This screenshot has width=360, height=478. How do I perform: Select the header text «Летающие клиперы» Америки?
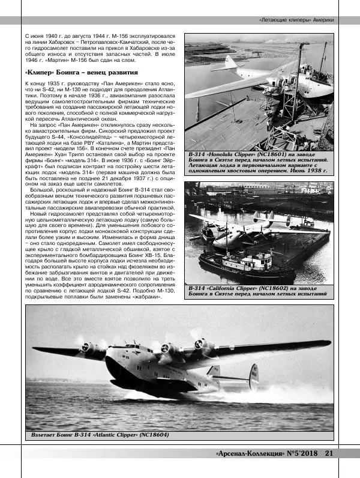tap(297, 19)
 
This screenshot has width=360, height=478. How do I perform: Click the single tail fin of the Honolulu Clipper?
tap(231, 64)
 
